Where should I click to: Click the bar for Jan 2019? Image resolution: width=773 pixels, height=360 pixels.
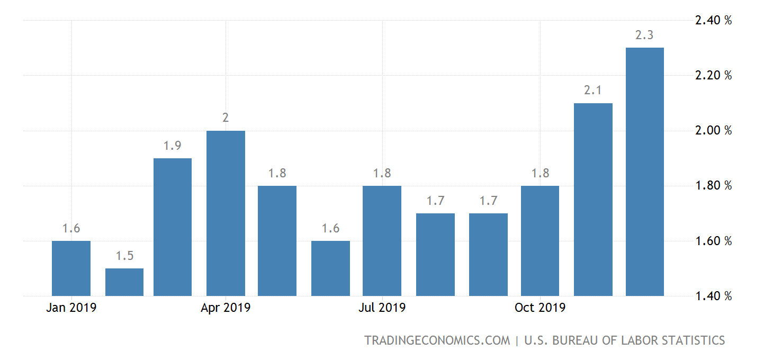pos(71,268)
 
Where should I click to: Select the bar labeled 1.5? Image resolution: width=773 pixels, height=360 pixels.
pos(124,282)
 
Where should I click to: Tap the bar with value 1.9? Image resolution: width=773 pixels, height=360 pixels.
pos(173,227)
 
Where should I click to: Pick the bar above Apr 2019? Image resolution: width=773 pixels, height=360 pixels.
pos(226,213)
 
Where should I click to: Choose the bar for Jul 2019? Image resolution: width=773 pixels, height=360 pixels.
pos(382,241)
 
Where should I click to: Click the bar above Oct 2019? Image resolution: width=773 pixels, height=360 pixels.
pos(540,241)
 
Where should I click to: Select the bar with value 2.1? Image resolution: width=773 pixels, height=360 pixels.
pos(593,200)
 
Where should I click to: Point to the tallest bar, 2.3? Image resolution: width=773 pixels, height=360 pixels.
pos(644,172)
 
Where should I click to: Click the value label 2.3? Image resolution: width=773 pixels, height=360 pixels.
pos(644,35)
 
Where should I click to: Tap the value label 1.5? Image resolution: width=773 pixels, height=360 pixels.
pos(124,256)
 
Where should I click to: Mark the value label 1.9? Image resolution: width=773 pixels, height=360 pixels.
pos(173,146)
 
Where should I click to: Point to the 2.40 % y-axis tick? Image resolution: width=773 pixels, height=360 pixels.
pos(713,21)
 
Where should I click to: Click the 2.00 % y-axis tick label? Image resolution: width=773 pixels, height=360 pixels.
pos(713,131)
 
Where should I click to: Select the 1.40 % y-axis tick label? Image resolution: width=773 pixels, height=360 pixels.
pos(713,296)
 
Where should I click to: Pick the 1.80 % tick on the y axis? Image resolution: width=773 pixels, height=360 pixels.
pos(713,186)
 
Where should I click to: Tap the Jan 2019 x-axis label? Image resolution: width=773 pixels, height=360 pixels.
pos(71,308)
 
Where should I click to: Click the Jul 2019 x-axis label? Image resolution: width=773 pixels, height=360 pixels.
pos(382,308)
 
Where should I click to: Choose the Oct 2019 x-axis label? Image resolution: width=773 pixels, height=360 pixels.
pos(540,308)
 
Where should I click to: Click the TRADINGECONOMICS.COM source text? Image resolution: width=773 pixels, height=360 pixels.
pos(437,340)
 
